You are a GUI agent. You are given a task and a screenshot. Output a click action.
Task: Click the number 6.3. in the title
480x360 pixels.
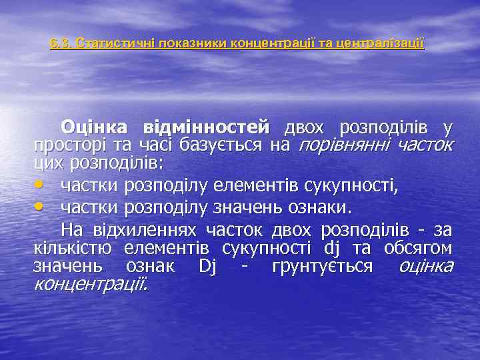(62, 44)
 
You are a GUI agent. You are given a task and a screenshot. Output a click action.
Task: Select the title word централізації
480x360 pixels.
(380, 44)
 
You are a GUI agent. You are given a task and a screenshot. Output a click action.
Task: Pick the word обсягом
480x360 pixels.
(419, 249)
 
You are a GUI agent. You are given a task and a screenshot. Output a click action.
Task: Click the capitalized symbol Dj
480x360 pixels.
(207, 267)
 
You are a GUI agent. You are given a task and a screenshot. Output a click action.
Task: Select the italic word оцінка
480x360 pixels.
(425, 267)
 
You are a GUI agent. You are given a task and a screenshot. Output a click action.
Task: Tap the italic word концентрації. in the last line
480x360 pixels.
(91, 285)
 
